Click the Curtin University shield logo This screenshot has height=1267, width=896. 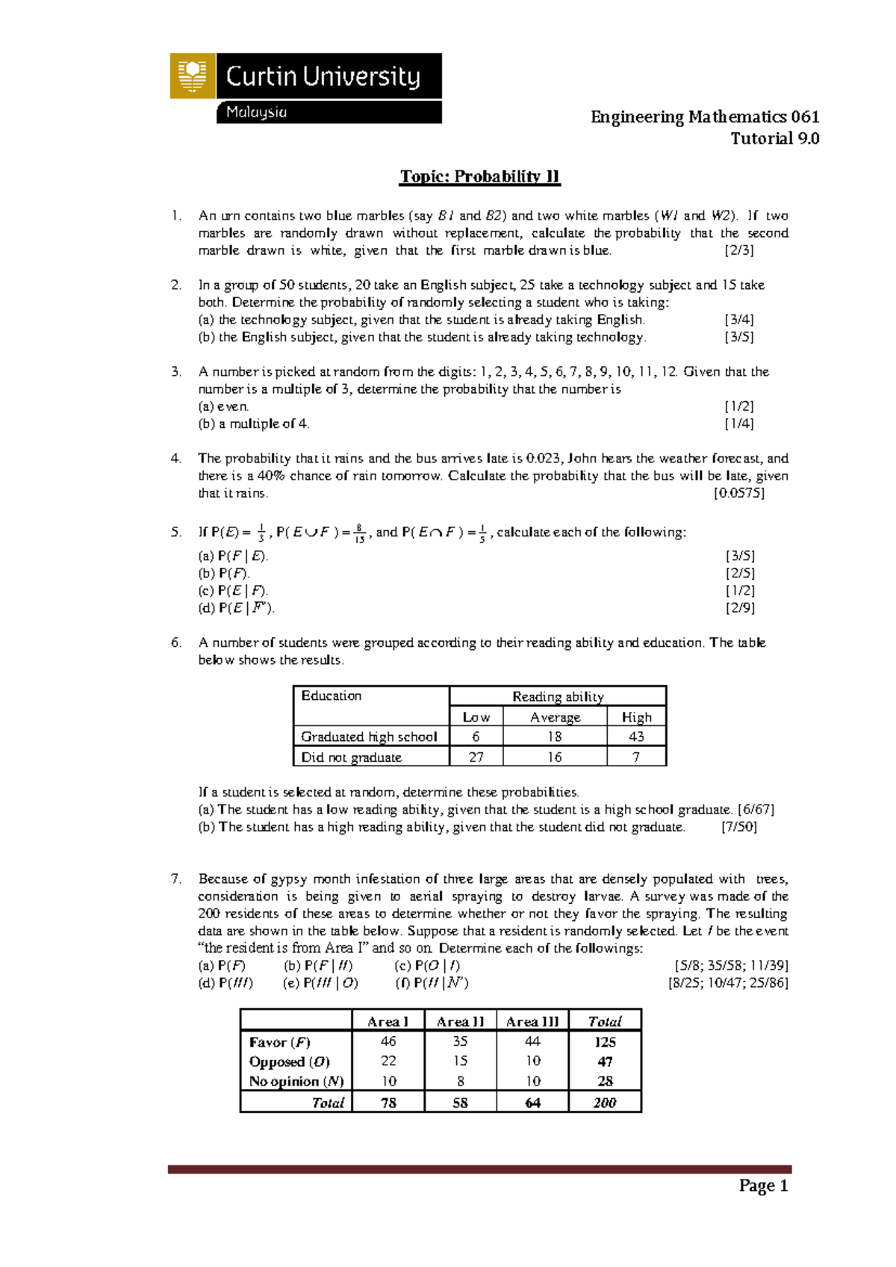[x=193, y=75]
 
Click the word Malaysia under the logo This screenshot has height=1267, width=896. [x=256, y=112]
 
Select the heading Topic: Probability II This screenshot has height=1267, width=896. [x=479, y=176]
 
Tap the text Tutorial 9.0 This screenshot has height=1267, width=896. [x=774, y=138]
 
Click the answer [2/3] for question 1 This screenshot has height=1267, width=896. [x=738, y=250]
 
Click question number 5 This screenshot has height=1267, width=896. [x=176, y=533]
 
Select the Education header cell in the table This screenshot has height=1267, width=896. [x=332, y=696]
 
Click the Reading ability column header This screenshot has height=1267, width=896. [x=558, y=696]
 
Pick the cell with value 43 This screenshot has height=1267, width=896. [x=636, y=737]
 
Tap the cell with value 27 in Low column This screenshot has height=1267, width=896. [x=476, y=757]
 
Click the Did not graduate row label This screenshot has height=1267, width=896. [x=351, y=757]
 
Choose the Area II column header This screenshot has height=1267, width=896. [x=460, y=1021]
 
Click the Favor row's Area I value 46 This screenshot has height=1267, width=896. [x=388, y=1041]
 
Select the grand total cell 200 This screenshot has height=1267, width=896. [x=605, y=1103]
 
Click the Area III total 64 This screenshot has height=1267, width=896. [x=532, y=1103]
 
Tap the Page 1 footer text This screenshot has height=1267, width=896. [x=763, y=1186]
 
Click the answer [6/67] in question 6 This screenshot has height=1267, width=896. [x=755, y=809]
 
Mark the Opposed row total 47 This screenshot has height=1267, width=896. [x=605, y=1062]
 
